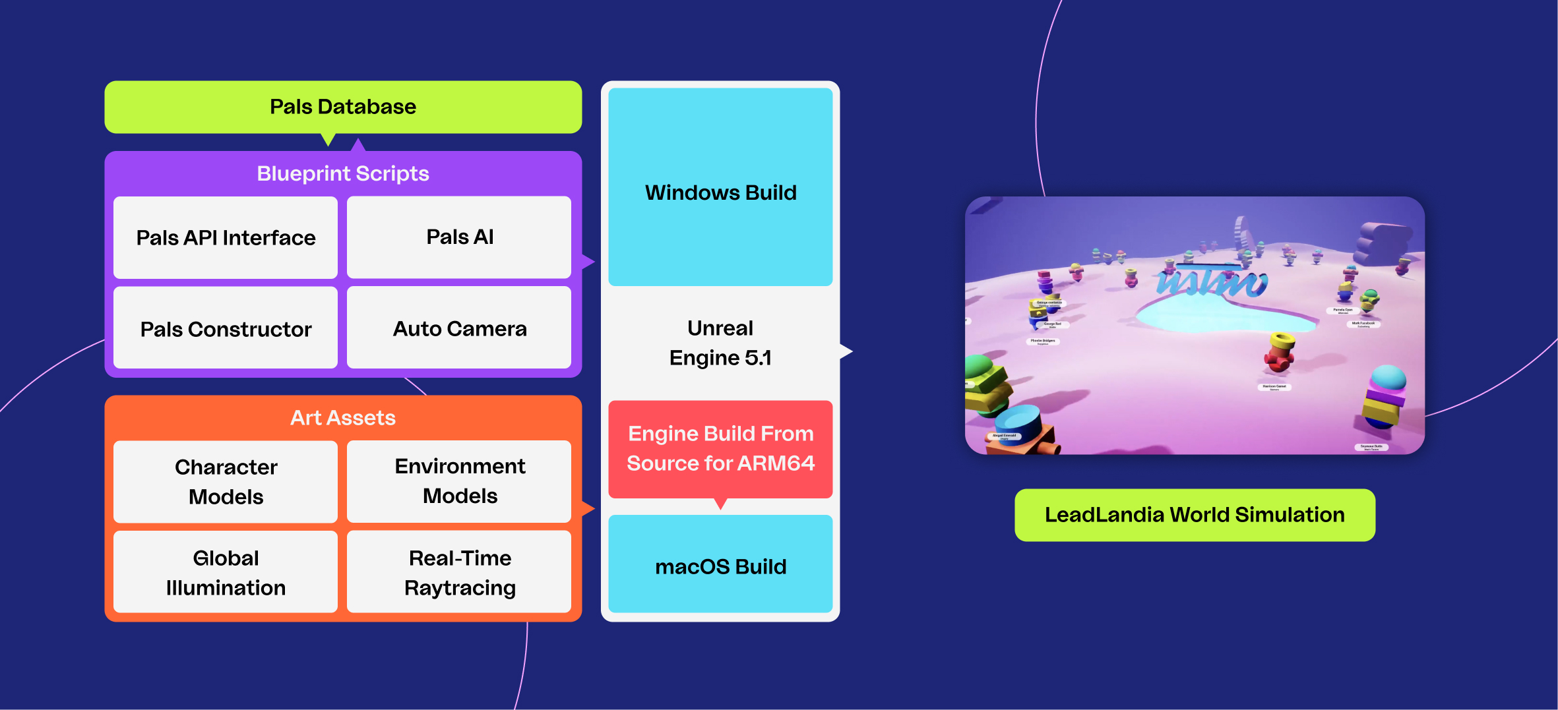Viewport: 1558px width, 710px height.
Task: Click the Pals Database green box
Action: [x=343, y=107]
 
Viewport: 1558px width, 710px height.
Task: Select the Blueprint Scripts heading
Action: [x=343, y=173]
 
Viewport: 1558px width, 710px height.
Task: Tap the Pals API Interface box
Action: [x=226, y=237]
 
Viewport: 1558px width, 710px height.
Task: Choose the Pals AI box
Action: [x=459, y=237]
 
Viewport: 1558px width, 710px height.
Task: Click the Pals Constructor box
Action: [x=226, y=328]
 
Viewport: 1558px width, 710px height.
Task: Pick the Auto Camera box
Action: [x=459, y=328]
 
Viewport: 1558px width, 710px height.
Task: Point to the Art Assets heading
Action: [x=343, y=418]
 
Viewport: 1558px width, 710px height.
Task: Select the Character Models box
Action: [x=226, y=481]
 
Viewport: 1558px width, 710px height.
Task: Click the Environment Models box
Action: [x=459, y=481]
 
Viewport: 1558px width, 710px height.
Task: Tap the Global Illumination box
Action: [x=226, y=572]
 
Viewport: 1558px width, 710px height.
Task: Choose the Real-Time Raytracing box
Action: [x=459, y=572]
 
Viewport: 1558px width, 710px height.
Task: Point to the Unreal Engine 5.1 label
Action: [x=720, y=343]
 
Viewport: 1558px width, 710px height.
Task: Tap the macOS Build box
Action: [x=720, y=566]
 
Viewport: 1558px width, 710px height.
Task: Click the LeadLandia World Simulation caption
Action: [x=1195, y=515]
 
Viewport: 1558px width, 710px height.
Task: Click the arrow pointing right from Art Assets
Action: [x=588, y=508]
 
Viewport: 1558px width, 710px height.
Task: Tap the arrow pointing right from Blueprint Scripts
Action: [x=588, y=262]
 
